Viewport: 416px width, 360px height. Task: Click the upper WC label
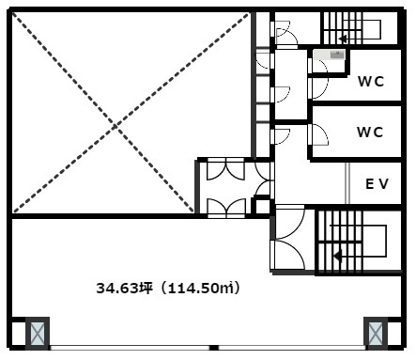click(371, 82)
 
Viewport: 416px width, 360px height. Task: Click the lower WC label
click(370, 132)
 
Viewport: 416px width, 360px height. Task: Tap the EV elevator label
click(377, 184)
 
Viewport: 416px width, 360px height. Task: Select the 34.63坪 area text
click(124, 288)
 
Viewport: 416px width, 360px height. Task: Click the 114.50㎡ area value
click(201, 288)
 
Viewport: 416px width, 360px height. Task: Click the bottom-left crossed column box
click(38, 333)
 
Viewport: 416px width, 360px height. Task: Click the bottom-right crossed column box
click(376, 333)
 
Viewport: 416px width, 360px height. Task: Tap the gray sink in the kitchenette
click(337, 55)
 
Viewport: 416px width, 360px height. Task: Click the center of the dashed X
click(115, 126)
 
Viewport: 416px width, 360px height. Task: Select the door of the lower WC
click(318, 134)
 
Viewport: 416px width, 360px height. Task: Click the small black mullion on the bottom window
click(213, 348)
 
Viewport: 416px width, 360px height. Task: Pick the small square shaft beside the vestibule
click(262, 206)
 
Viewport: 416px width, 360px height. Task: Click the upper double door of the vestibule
click(225, 169)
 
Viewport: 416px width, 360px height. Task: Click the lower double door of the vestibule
click(226, 208)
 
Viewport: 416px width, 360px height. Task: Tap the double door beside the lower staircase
click(287, 238)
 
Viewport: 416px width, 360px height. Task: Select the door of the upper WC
click(318, 88)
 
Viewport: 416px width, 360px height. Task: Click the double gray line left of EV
click(347, 183)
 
